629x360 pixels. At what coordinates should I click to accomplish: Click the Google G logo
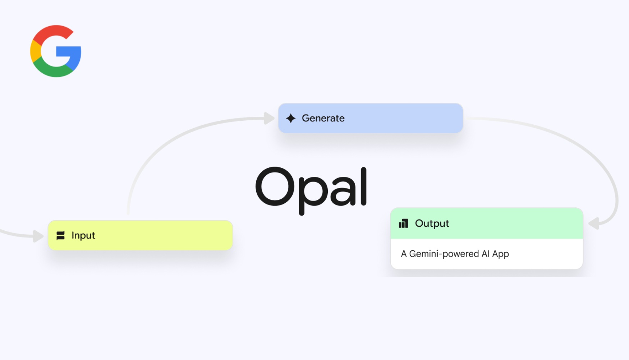click(x=56, y=51)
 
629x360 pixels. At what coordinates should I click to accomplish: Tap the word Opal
click(x=311, y=190)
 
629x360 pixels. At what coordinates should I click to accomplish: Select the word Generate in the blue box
click(x=323, y=118)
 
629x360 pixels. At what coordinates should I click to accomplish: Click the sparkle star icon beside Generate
click(x=291, y=118)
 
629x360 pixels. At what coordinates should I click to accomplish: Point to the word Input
click(x=83, y=236)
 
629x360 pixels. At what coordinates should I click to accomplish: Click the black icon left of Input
click(x=60, y=236)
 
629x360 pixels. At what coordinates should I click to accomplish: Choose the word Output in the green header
click(x=432, y=223)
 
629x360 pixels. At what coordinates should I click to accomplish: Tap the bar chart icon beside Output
click(x=403, y=223)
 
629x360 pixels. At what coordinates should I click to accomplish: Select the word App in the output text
click(x=501, y=254)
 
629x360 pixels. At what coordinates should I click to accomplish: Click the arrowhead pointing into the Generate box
click(x=269, y=118)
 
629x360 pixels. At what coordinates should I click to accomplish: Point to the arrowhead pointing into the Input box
click(x=38, y=236)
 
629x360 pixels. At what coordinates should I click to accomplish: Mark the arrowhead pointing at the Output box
click(x=594, y=223)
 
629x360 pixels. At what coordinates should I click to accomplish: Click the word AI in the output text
click(x=486, y=254)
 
